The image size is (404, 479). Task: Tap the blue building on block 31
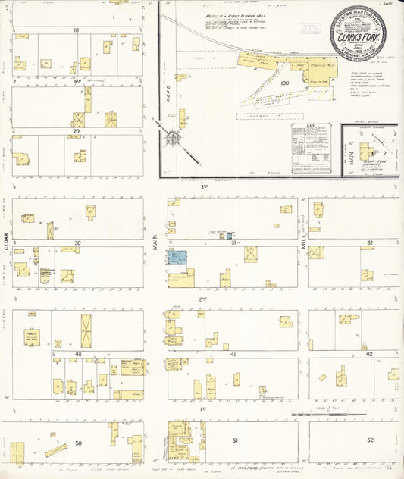point(177,258)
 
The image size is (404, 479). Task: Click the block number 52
point(370,440)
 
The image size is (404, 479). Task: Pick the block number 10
point(77,30)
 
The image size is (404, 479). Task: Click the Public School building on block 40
point(32,337)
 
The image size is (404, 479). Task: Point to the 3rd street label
point(203,186)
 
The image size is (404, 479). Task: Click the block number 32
point(369,243)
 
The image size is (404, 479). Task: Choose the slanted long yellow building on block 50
point(57,450)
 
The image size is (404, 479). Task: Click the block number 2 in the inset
point(373,152)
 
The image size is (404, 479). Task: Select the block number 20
point(77,131)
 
